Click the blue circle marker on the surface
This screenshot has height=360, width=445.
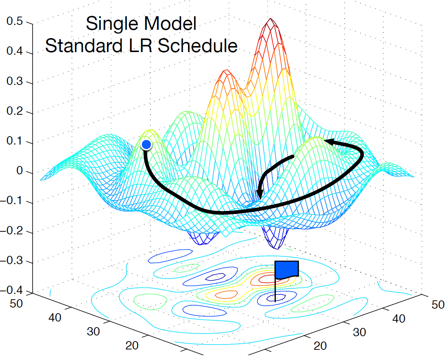[146, 144]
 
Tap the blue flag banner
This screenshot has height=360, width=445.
[287, 269]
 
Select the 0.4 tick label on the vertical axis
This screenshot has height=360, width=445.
[15, 52]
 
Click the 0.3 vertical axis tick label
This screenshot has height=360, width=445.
[15, 83]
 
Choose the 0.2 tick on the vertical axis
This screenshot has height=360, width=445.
[15, 113]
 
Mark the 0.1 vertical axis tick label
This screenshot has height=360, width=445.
[15, 143]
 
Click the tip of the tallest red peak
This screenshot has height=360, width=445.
[270, 20]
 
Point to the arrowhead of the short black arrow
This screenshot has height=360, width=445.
[260, 194]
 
